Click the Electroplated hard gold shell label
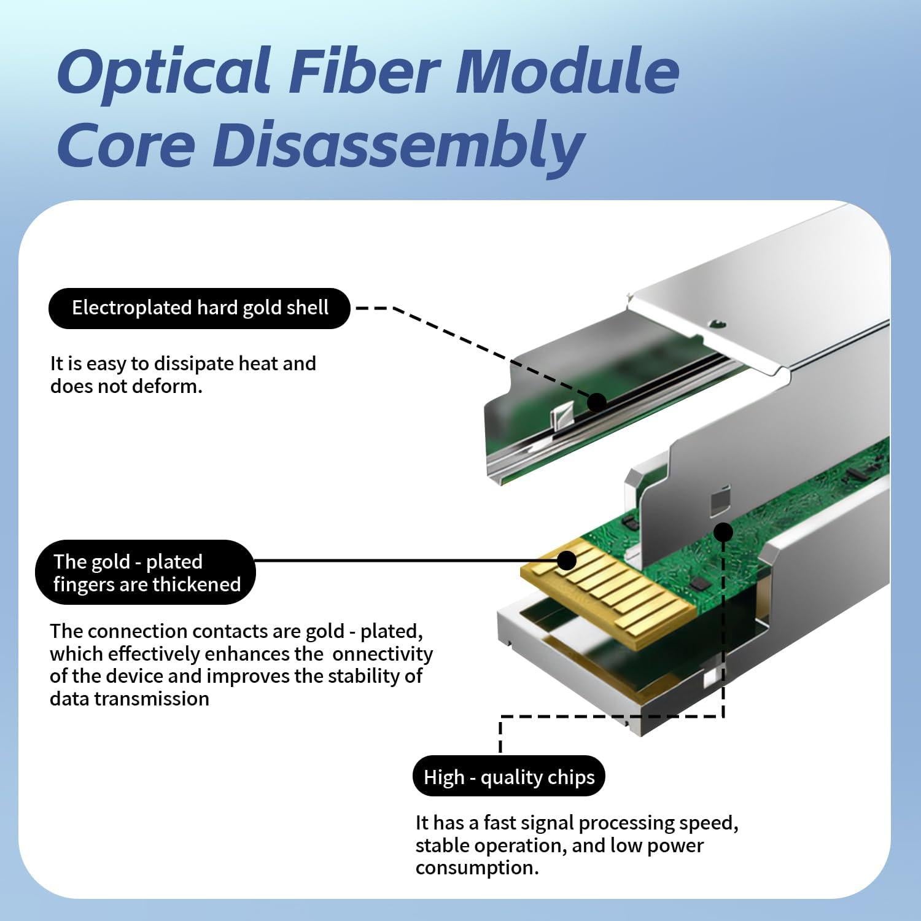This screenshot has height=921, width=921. coord(200,308)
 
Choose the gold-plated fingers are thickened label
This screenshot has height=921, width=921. coord(146,572)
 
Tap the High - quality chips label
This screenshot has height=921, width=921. coord(509,777)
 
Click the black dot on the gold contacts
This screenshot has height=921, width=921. coord(567,560)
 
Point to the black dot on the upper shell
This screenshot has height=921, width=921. coord(596,403)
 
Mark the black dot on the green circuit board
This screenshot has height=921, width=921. coord(723,532)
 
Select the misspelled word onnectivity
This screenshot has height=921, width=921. coord(383,654)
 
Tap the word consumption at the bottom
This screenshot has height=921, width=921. coord(476,868)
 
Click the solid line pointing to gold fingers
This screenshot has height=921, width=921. coord(399,560)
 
